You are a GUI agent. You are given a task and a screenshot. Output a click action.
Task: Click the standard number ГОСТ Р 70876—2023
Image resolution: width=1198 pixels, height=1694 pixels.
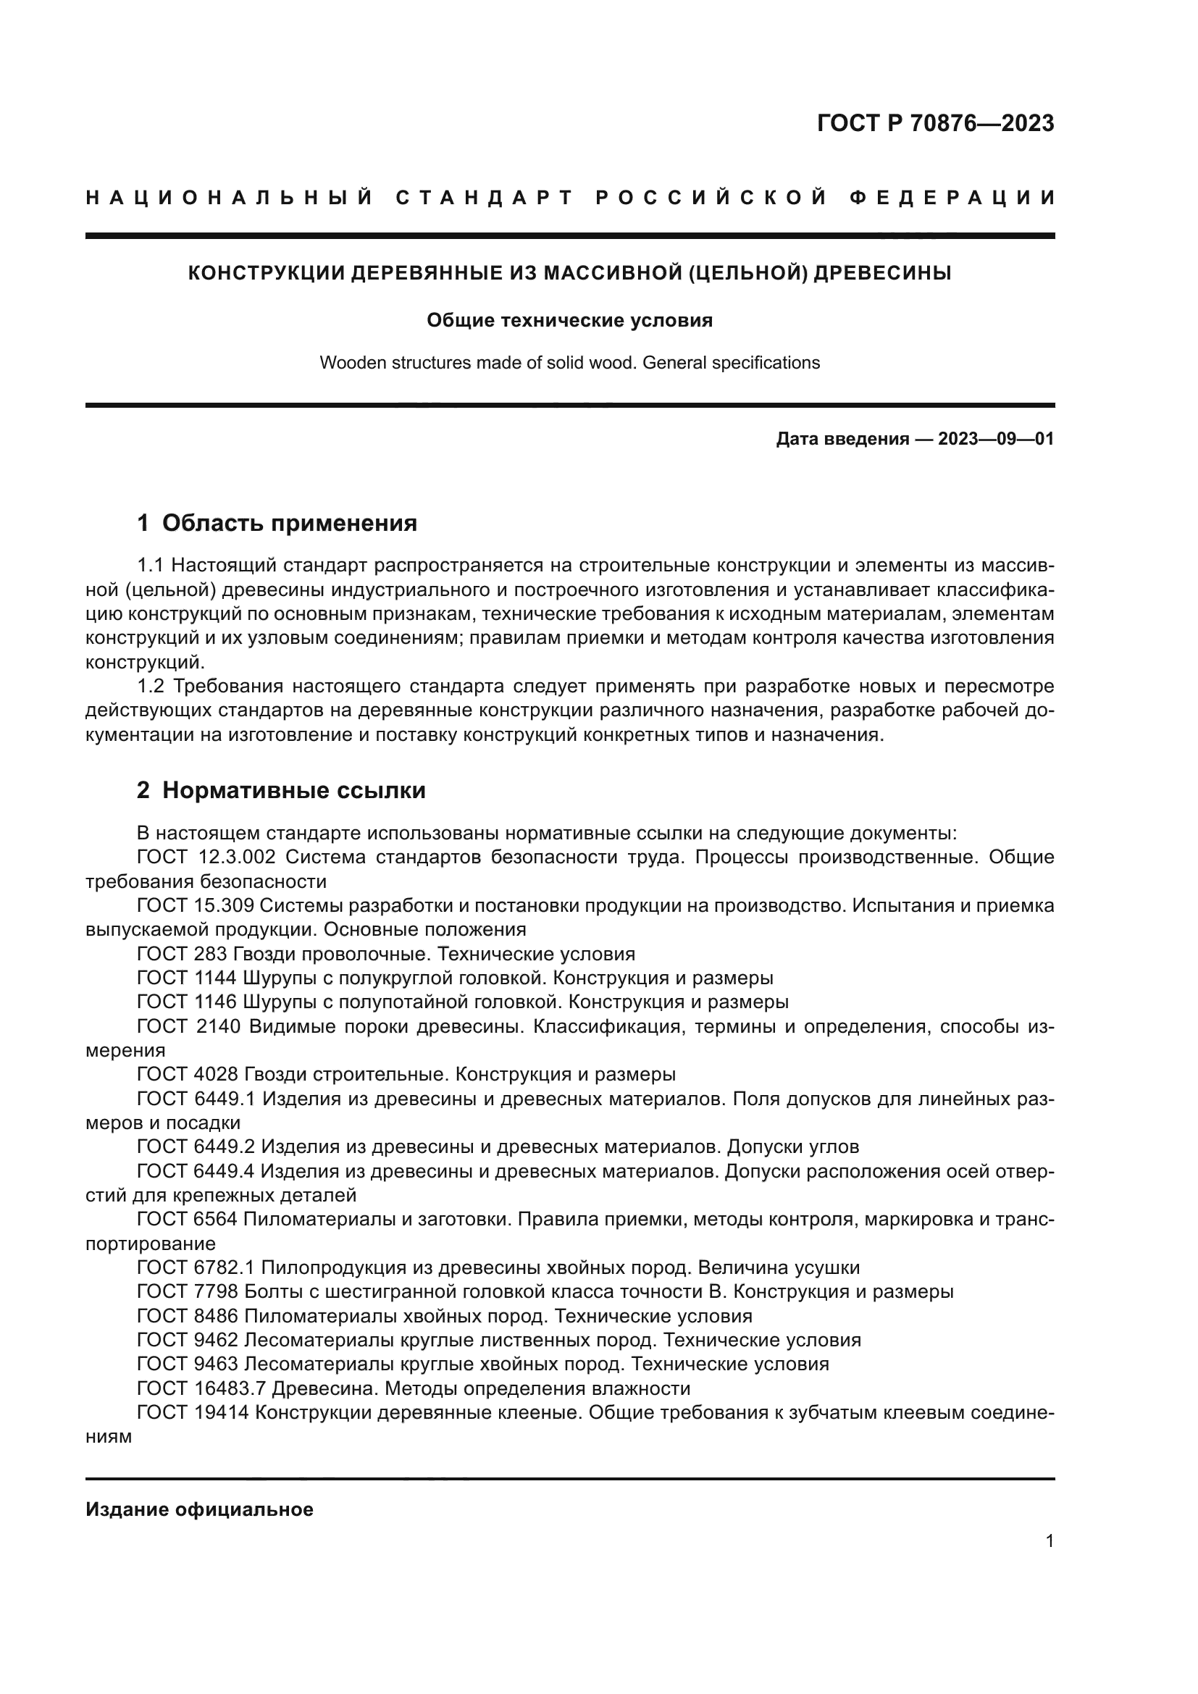pos(934,123)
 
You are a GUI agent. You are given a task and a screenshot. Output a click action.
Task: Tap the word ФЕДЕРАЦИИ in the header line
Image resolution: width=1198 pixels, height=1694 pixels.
pos(952,198)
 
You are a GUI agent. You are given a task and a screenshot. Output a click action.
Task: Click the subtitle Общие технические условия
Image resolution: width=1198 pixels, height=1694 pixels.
pos(569,320)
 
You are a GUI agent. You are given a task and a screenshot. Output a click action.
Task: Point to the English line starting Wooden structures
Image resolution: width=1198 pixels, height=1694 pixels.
pos(569,363)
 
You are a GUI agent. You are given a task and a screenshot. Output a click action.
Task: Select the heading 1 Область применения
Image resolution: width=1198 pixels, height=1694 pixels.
pos(277,523)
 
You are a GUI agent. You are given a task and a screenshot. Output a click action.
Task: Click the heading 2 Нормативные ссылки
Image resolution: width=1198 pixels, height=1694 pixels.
pos(281,790)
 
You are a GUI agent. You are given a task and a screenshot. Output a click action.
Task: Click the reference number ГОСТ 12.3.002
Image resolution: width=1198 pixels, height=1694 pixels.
pos(206,858)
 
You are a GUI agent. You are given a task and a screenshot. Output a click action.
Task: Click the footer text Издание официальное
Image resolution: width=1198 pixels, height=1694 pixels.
pos(199,1509)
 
